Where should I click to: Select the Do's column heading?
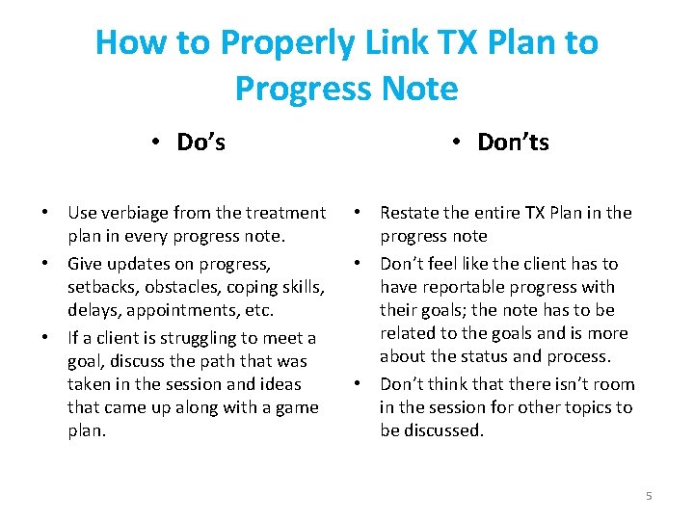[x=200, y=143]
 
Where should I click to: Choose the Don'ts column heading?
[x=513, y=143]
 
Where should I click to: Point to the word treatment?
[x=285, y=212]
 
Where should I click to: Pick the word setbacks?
[x=102, y=287]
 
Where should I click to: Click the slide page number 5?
[x=649, y=495]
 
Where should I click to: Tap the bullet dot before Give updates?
[x=45, y=264]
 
